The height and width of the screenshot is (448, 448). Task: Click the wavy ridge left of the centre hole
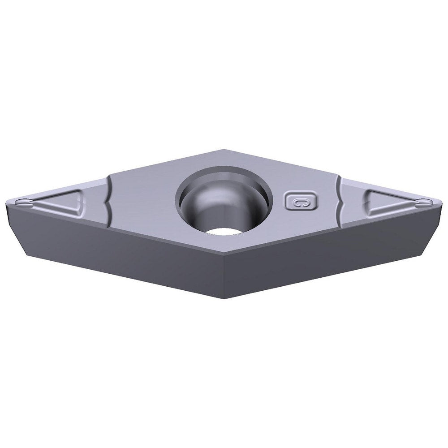point(109,202)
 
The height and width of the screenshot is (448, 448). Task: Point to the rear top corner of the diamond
point(224,150)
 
